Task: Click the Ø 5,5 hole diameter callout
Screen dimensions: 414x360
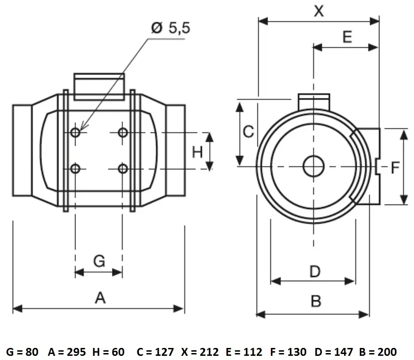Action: coord(170,27)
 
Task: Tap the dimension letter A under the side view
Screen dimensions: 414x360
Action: coord(100,298)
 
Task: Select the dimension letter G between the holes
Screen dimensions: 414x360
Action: coord(99,261)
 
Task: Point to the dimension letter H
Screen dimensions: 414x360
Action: coord(197,152)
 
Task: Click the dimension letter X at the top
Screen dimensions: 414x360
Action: coord(319,11)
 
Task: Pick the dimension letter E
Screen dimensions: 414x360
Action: coord(347,37)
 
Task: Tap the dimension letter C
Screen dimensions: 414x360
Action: coord(248,132)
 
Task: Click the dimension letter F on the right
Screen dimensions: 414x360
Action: coord(395,168)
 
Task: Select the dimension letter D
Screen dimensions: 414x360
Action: coord(315,271)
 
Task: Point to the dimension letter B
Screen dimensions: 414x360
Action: coord(316,301)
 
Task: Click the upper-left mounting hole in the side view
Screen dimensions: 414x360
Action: coord(75,132)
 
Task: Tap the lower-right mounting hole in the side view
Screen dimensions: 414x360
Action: coord(123,169)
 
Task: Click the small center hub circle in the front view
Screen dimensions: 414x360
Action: coord(314,166)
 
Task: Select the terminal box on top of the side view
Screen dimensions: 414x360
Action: coord(99,87)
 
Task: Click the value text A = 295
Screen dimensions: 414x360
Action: coord(67,352)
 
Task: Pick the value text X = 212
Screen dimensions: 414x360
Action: coord(200,352)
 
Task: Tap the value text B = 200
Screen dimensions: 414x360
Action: coord(378,352)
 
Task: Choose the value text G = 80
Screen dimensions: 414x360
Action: coord(22,352)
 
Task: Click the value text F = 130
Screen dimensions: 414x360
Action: coord(289,352)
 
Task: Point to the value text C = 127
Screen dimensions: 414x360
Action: coord(155,352)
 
